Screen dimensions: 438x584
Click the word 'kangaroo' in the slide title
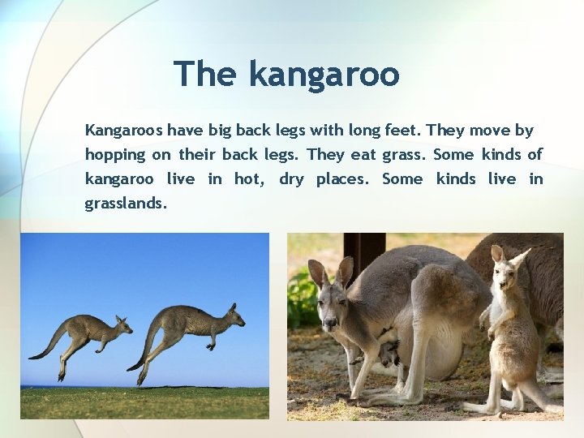[x=324, y=74]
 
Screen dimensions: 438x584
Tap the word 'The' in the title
[x=206, y=74]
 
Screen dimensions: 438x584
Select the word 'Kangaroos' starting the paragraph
[x=123, y=131]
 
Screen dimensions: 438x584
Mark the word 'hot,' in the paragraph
[x=248, y=179]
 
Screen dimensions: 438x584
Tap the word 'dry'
[x=291, y=179]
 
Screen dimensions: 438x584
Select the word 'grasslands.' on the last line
[x=126, y=204]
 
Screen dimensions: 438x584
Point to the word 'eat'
[x=363, y=155]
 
